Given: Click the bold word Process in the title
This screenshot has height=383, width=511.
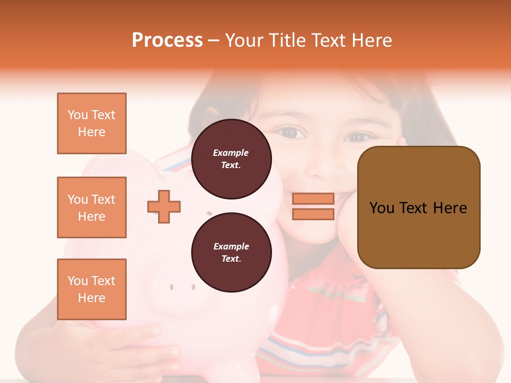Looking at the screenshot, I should click(167, 40).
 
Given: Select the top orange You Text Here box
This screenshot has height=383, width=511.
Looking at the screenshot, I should click(92, 123).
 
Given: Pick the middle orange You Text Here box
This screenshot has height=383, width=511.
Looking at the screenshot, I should click(92, 207).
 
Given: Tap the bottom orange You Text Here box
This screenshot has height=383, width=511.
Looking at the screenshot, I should click(92, 289).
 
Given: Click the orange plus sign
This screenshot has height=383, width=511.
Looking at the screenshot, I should click(164, 206).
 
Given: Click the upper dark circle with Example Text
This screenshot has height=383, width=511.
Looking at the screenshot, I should click(231, 159).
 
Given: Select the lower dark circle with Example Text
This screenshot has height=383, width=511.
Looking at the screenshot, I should click(231, 252).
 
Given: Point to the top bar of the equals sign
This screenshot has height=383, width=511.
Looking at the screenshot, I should click(313, 198).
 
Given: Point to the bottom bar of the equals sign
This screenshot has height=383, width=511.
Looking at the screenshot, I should click(313, 214).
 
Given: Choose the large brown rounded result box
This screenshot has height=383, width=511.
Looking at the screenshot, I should click(418, 207).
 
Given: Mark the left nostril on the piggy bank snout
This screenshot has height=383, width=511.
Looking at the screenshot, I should click(171, 287).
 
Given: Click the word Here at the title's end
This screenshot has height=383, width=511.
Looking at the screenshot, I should click(373, 40).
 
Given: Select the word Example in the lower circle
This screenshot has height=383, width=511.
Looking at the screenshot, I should click(231, 246).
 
